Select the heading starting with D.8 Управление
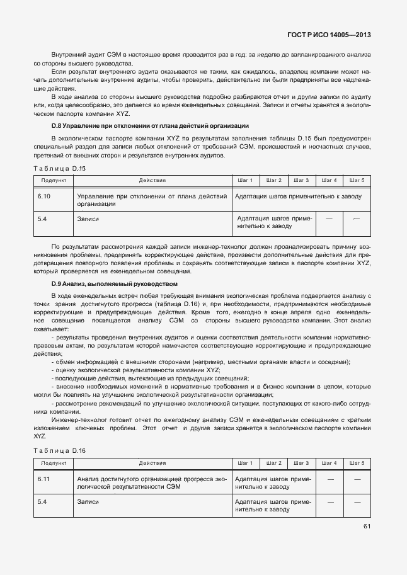click(x=151, y=126)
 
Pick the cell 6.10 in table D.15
click(x=44, y=196)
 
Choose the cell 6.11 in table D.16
click(x=44, y=479)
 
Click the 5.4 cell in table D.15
click(x=42, y=219)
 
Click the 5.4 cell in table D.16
click(x=42, y=502)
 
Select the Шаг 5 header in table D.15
click(x=357, y=181)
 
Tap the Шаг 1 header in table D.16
click(x=245, y=464)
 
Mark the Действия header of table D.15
click(x=152, y=181)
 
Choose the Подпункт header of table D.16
click(x=54, y=464)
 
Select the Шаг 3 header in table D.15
click(x=301, y=181)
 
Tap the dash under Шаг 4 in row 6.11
click(x=329, y=479)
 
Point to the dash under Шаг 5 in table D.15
click(x=357, y=219)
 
